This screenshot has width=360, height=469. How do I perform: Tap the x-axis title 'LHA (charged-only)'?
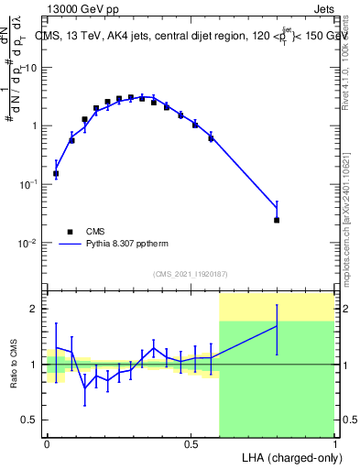(x=287, y=456)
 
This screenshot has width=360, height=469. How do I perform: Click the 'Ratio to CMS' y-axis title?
(x=14, y=365)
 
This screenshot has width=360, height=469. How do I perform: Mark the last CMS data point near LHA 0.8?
(x=277, y=220)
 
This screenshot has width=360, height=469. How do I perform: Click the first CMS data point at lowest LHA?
(x=56, y=173)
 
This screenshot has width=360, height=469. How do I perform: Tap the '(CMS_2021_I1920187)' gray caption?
(x=190, y=274)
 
